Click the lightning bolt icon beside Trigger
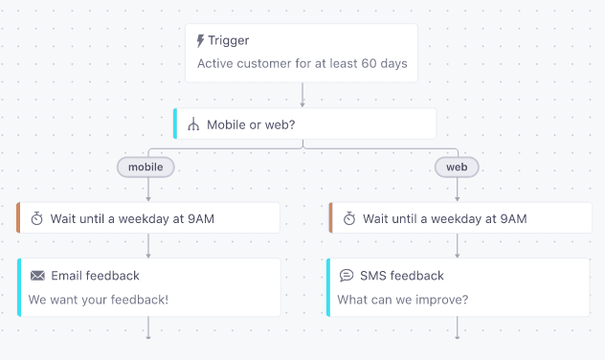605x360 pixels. point(200,41)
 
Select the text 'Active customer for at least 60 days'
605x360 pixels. point(302,64)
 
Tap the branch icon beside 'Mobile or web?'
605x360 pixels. point(193,124)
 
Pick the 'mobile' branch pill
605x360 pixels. point(146,167)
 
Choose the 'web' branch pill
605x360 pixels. point(457,167)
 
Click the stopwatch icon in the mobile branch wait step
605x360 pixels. point(36,218)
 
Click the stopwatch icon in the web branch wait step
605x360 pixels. point(348,218)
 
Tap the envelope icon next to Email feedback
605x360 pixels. point(37,276)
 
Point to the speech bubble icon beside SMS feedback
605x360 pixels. point(347,276)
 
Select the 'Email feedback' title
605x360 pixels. point(95,276)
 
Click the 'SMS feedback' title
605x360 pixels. point(402,276)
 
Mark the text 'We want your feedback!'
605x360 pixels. point(98,299)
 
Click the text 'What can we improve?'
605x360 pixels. point(402,299)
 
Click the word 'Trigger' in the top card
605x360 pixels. point(230,41)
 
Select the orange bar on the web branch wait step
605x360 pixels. point(330,217)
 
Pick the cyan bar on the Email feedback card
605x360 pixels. point(18,286)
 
